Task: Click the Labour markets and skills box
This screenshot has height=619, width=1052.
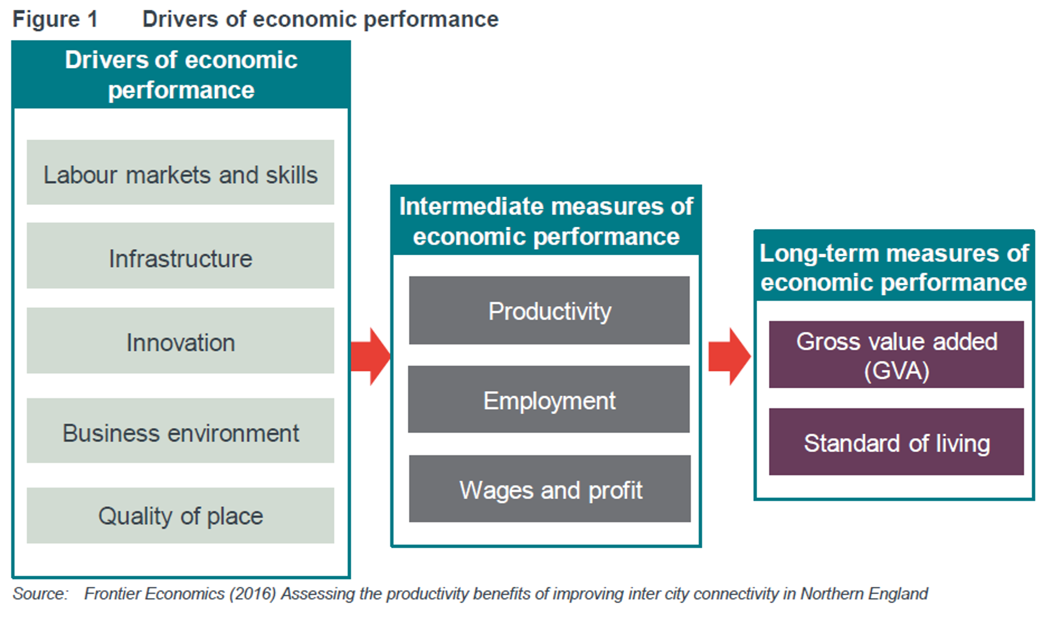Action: point(180,173)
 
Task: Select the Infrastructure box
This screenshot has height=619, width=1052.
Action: point(180,256)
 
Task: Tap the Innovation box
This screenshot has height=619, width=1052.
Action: point(180,341)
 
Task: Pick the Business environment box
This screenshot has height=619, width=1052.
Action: point(180,431)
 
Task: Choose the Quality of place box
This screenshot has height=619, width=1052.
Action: point(180,515)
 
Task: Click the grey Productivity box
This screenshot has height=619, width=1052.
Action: point(549,311)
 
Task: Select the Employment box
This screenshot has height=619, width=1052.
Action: point(549,400)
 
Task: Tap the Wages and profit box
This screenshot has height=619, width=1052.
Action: point(550,489)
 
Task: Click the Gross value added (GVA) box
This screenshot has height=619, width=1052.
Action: point(896,355)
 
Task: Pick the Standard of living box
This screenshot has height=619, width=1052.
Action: point(896,442)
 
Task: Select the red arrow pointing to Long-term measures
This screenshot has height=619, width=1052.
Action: point(729,357)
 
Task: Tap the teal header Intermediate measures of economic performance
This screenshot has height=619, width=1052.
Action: point(546,221)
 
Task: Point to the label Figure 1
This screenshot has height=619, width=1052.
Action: point(55,19)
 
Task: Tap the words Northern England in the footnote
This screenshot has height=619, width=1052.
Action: point(864,594)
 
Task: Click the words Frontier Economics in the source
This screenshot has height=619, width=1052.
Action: point(154,594)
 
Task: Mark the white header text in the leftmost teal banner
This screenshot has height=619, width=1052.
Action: point(181,74)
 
